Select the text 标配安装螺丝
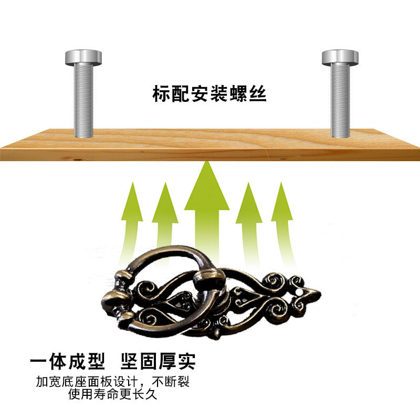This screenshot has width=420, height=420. pyautogui.click(x=209, y=94)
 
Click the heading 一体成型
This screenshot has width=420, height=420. pyautogui.click(x=68, y=362)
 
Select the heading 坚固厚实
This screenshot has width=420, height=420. pyautogui.click(x=158, y=362)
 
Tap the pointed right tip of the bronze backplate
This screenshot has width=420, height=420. pyautogui.click(x=318, y=294)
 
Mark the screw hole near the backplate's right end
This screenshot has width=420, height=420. pyautogui.click(x=300, y=289)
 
